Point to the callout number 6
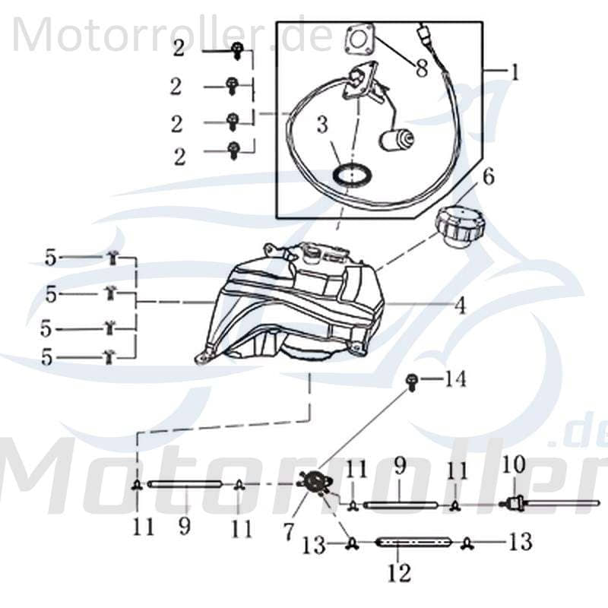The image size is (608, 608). pyautogui.click(x=487, y=177)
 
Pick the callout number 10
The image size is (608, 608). pyautogui.click(x=514, y=464)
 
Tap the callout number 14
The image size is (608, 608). pyautogui.click(x=455, y=378)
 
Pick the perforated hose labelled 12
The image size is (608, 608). pyautogui.click(x=415, y=542)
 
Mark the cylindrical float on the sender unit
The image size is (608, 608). pyautogui.click(x=397, y=139)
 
